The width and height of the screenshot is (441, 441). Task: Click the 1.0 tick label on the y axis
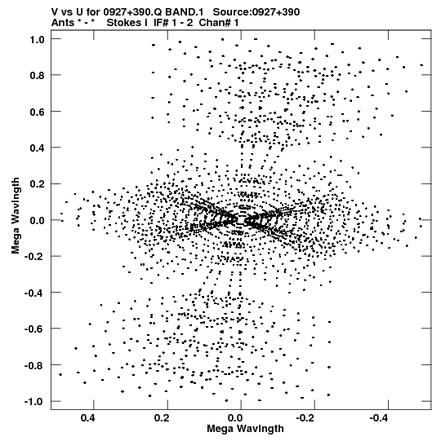pyautogui.click(x=38, y=40)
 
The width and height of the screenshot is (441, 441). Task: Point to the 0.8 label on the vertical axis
pyautogui.click(x=38, y=76)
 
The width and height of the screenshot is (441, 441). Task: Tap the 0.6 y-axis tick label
pyautogui.click(x=38, y=112)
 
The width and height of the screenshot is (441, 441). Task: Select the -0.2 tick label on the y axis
pyautogui.click(x=34, y=257)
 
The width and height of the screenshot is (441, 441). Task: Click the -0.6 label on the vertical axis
pyautogui.click(x=34, y=329)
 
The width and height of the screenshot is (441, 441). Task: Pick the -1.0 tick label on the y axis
pyautogui.click(x=34, y=402)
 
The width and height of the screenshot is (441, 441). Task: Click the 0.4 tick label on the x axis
pyautogui.click(x=88, y=418)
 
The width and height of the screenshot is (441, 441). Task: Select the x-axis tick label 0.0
pyautogui.click(x=235, y=418)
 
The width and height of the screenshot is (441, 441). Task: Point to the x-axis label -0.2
pyautogui.click(x=306, y=418)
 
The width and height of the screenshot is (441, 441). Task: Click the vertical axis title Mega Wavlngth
pyautogui.click(x=16, y=216)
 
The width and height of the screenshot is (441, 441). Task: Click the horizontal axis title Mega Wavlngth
pyautogui.click(x=246, y=429)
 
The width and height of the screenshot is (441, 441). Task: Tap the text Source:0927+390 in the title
pyautogui.click(x=256, y=12)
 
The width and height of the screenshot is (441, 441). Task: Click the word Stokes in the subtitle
pyautogui.click(x=127, y=23)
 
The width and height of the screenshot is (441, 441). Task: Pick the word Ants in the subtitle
pyautogui.click(x=63, y=23)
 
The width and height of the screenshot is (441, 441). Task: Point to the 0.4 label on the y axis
pyautogui.click(x=38, y=148)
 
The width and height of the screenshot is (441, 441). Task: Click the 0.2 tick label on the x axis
pyautogui.click(x=162, y=418)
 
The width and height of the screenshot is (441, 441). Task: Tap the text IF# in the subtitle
pyautogui.click(x=161, y=23)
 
